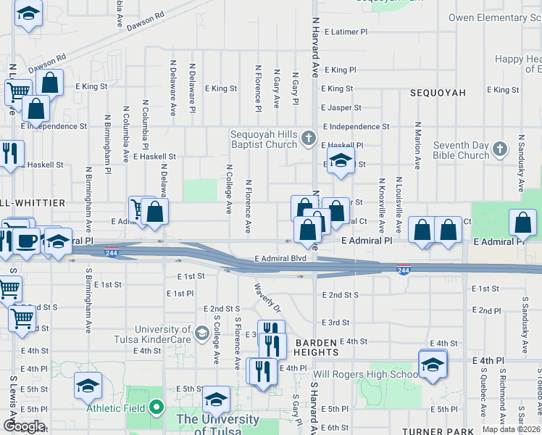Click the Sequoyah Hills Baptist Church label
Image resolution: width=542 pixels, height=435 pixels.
coord(264,139)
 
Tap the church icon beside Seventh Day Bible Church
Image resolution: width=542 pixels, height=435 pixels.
coord(499,149)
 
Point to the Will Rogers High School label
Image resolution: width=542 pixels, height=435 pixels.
coord(365,375)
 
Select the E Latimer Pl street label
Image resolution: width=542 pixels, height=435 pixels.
coord(346,32)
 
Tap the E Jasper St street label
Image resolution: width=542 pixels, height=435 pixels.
coord(341,108)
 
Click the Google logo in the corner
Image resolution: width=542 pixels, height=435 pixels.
coord(23,426)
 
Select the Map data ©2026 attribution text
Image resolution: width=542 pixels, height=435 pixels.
coord(510,429)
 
